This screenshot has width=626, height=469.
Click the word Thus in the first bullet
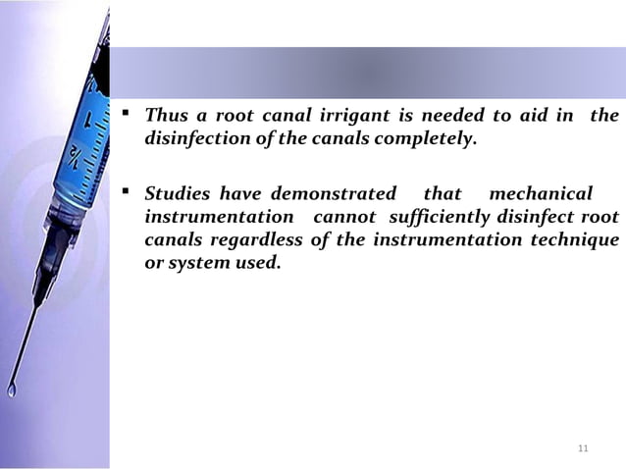coord(164,117)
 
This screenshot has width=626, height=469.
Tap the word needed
coord(449,117)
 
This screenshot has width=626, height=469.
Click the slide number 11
coord(583,449)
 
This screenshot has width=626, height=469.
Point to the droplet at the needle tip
coord(12,391)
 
